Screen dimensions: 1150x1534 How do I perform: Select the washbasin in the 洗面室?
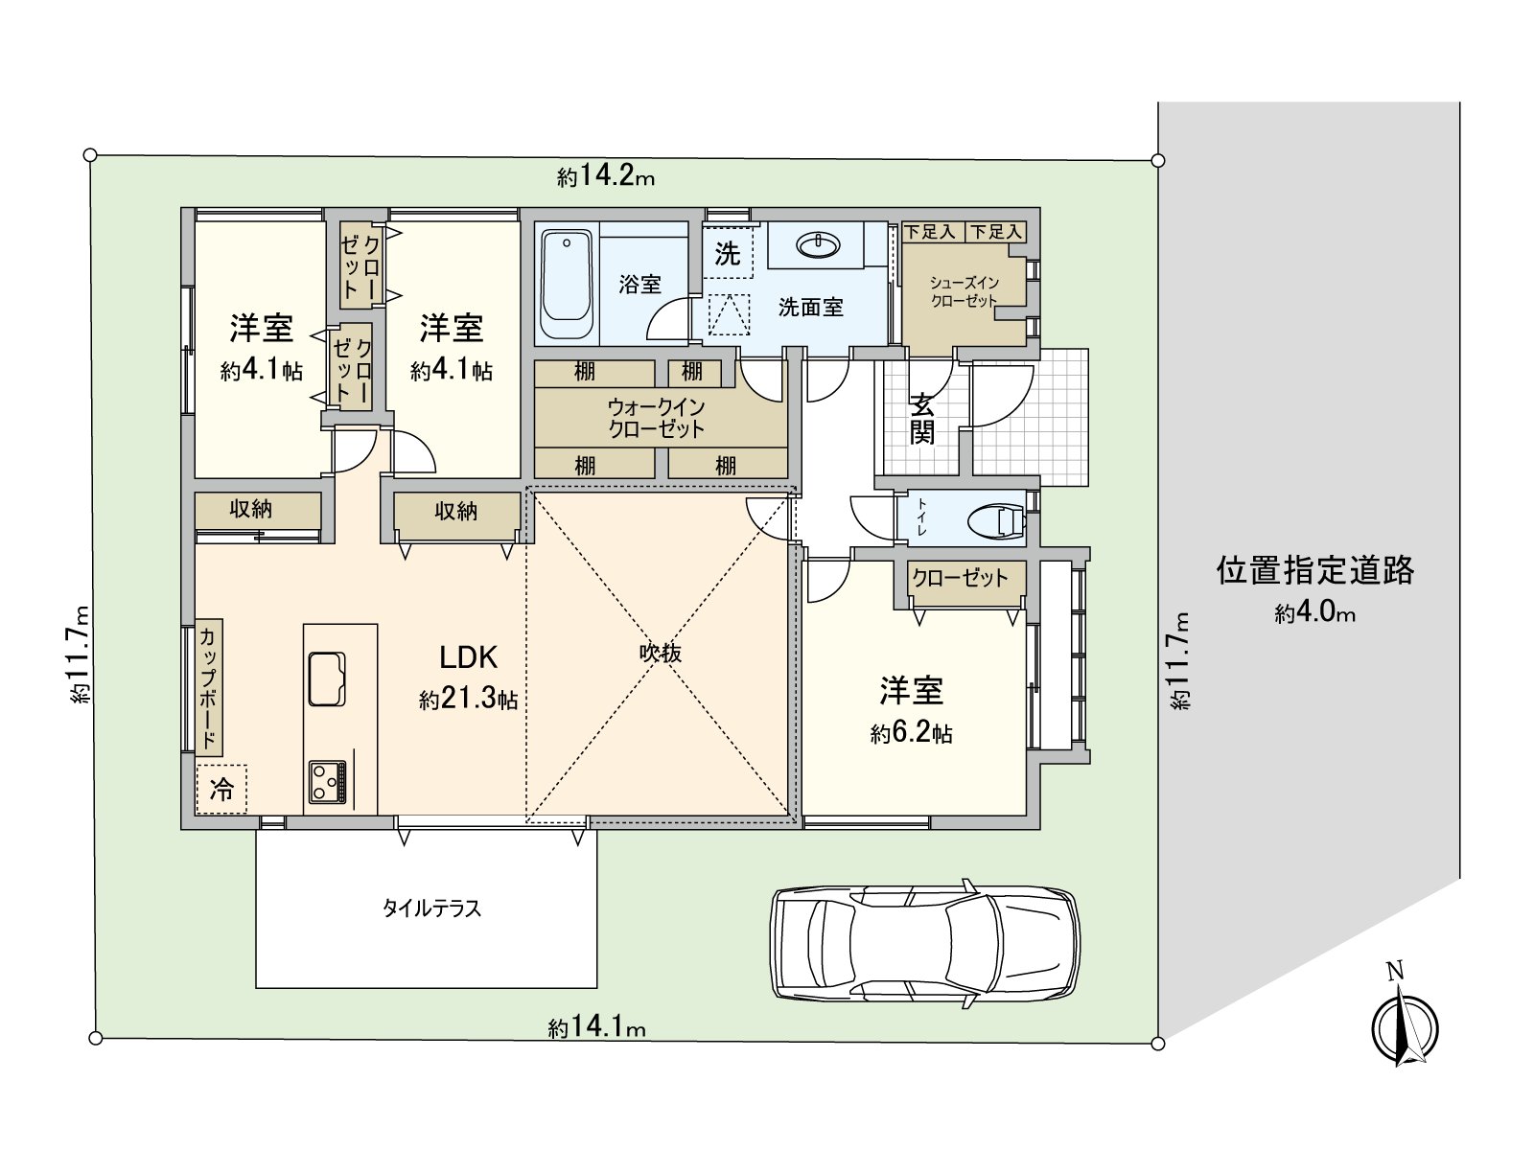pyautogui.click(x=818, y=246)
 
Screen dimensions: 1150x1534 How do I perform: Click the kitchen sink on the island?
pyautogui.click(x=327, y=678)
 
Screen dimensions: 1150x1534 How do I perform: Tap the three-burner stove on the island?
pyautogui.click(x=327, y=783)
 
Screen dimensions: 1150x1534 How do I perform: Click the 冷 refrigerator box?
pyautogui.click(x=221, y=790)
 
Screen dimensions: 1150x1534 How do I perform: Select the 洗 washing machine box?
pyautogui.click(x=728, y=254)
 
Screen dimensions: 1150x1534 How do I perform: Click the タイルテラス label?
pyautogui.click(x=431, y=908)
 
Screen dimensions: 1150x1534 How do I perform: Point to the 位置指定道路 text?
pyautogui.click(x=1314, y=571)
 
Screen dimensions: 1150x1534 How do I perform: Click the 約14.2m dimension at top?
pyautogui.click(x=606, y=177)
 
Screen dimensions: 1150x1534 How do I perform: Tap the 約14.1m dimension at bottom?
pyautogui.click(x=596, y=1028)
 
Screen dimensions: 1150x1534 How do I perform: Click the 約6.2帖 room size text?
pyautogui.click(x=911, y=734)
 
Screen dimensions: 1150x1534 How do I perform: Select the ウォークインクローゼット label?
pyautogui.click(x=657, y=419)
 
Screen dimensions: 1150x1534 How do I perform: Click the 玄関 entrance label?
pyautogui.click(x=921, y=419)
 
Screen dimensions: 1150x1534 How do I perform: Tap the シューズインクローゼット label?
pyautogui.click(x=965, y=291)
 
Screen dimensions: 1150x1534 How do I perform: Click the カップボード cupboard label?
pyautogui.click(x=208, y=687)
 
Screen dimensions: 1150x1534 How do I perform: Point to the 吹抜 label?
pyautogui.click(x=661, y=654)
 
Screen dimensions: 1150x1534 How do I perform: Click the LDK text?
pyautogui.click(x=468, y=657)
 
